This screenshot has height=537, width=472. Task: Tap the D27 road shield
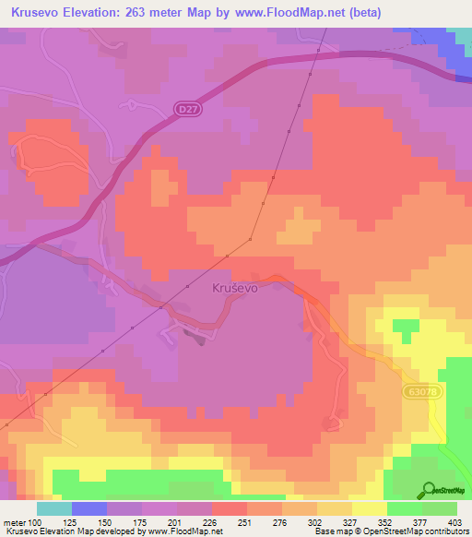tap(187, 110)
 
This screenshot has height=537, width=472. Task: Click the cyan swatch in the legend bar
tap(54, 508)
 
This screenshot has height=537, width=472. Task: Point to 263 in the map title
tap(154, 12)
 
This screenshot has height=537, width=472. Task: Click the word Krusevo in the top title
tap(35, 12)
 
